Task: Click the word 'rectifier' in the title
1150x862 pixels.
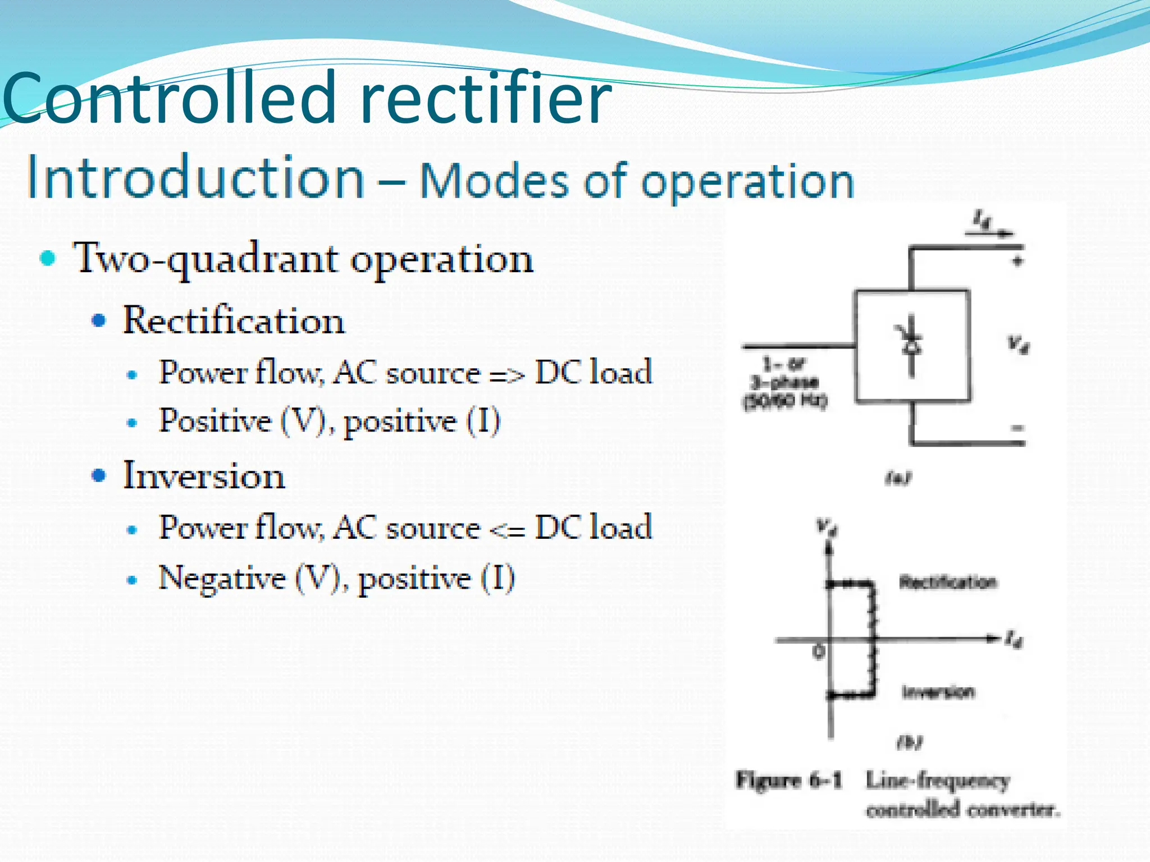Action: [x=486, y=100]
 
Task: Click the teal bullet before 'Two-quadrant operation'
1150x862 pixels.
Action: [x=48, y=258]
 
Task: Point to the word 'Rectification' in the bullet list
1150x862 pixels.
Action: [x=234, y=321]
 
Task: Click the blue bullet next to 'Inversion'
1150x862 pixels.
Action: [x=99, y=475]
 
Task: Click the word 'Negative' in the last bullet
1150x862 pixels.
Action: [x=222, y=578]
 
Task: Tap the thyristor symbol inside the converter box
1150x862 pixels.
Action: [x=911, y=345]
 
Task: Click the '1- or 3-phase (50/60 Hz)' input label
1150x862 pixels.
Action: [x=784, y=383]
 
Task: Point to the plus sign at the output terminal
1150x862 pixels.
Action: [x=1017, y=261]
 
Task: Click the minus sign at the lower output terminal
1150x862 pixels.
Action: [x=1017, y=429]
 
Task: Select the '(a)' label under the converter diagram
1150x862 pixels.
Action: [x=898, y=478]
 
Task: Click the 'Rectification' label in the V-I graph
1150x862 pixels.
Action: [x=948, y=582]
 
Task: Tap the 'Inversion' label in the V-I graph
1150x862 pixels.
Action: [x=938, y=692]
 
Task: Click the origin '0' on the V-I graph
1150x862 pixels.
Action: [x=819, y=652]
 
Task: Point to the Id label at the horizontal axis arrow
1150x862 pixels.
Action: [x=1014, y=639]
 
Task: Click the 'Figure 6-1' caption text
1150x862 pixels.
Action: [x=789, y=780]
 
